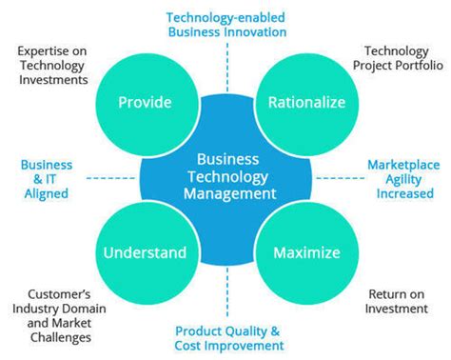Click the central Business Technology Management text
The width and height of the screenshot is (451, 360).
[225, 176]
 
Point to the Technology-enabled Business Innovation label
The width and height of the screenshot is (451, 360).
[225, 24]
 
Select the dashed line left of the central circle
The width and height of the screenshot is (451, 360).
[95, 177]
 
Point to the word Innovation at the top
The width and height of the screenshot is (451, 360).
[258, 31]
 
